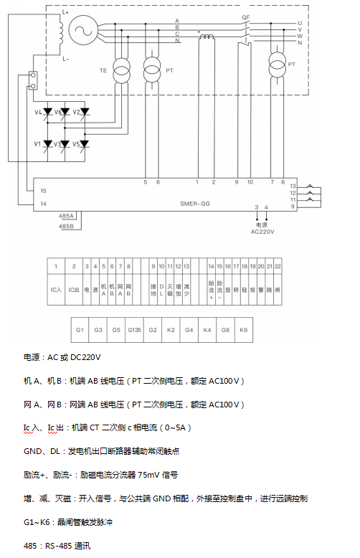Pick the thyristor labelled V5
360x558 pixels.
[x=84, y=144]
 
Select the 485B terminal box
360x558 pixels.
[x=67, y=226]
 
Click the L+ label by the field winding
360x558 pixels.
[x=65, y=12]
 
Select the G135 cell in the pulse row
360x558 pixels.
[x=134, y=329]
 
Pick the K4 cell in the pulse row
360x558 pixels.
[x=207, y=329]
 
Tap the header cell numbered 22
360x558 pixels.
[x=277, y=266]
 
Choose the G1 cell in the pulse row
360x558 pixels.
[x=80, y=329]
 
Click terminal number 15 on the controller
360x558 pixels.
[x=44, y=191]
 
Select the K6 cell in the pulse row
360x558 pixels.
[x=244, y=329]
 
